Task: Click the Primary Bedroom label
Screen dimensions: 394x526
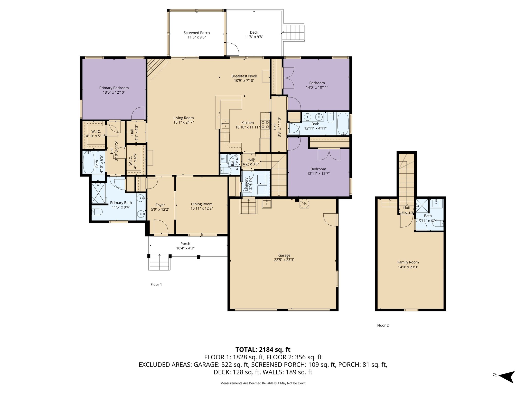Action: coord(114,88)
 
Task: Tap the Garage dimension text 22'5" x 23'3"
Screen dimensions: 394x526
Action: coord(284,260)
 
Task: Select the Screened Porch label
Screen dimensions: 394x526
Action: coord(196,33)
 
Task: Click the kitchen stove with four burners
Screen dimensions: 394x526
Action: coord(265,125)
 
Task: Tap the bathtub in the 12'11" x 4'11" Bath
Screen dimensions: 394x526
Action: coord(343,124)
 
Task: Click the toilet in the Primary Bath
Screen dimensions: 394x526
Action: coord(97,212)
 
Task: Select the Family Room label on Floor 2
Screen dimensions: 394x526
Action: coord(408,262)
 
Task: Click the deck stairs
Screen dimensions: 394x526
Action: coord(294,32)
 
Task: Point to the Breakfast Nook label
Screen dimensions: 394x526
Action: coord(244,76)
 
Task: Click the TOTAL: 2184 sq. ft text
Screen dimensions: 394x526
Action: coord(263,349)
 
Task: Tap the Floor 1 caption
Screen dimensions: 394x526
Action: coord(156,284)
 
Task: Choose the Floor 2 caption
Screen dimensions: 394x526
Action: coord(383,325)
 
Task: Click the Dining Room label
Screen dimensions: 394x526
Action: coord(202,204)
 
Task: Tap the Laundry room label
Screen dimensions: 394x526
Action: coord(246,184)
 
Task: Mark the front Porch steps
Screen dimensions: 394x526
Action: coord(159,262)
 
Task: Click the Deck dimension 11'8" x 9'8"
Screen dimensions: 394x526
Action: coord(254,37)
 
